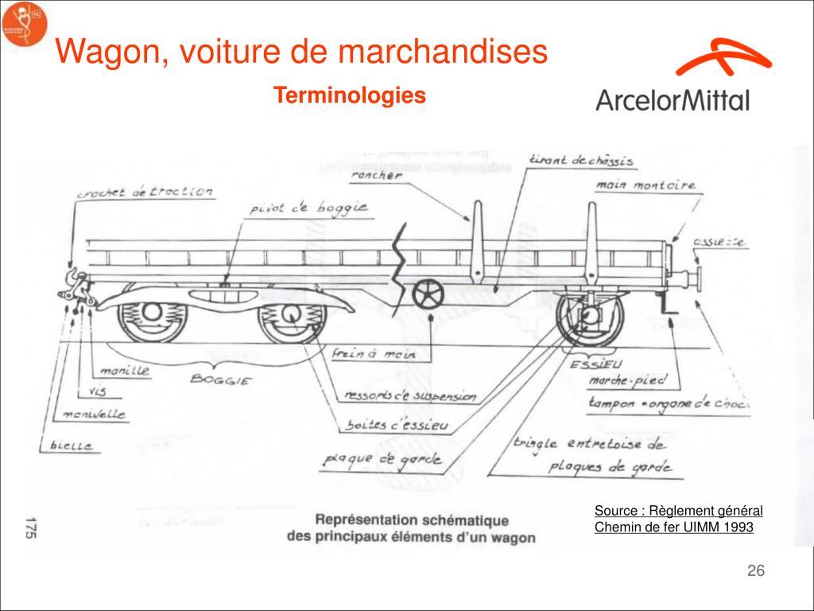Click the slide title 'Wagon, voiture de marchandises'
click(302, 53)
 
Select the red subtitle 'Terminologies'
click(350, 96)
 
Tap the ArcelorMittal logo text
click(672, 100)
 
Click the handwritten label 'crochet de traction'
click(145, 193)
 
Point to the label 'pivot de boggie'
click(308, 208)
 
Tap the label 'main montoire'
click(645, 185)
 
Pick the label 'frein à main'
click(382, 356)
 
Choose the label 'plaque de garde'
click(377, 460)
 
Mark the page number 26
click(755, 571)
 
